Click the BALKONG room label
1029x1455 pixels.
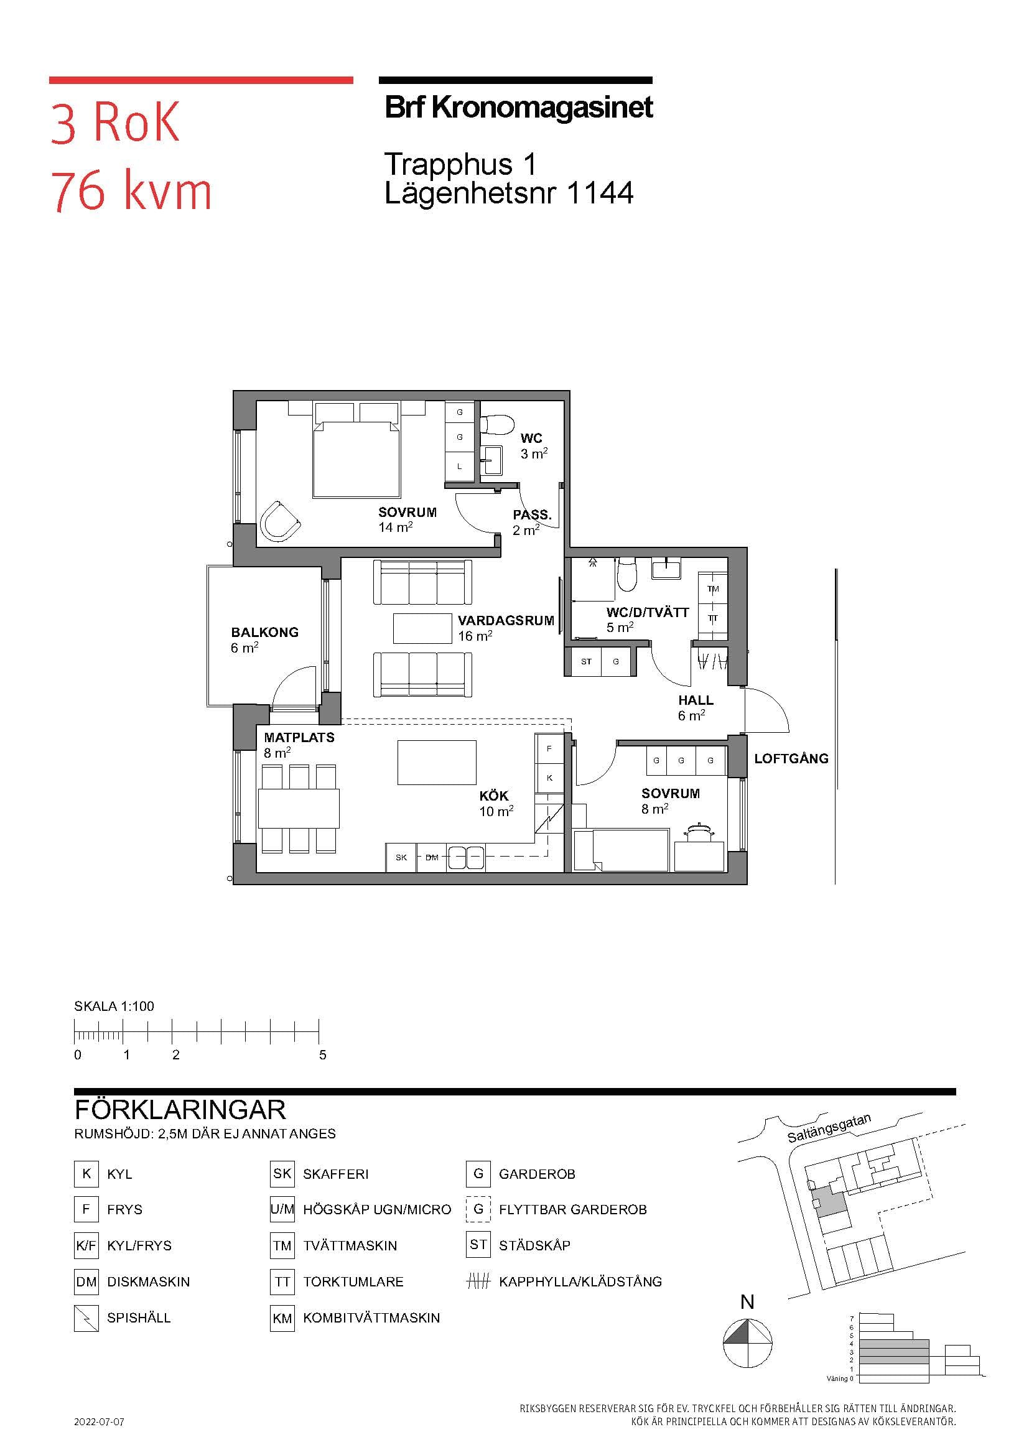click(x=264, y=633)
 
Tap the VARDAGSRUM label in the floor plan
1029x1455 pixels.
click(x=506, y=621)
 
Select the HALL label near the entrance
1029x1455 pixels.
click(x=696, y=700)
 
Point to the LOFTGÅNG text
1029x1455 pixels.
click(x=791, y=758)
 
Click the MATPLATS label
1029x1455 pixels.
click(x=299, y=738)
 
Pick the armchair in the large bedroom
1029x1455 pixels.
click(x=279, y=521)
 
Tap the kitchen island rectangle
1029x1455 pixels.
click(x=437, y=763)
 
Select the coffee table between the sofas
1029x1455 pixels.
click(x=423, y=629)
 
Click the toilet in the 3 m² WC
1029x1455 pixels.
click(x=496, y=424)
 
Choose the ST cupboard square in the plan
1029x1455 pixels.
click(x=586, y=662)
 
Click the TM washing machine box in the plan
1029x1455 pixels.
click(x=713, y=588)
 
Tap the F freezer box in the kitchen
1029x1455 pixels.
click(x=549, y=748)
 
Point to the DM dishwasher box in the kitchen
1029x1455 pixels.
click(x=432, y=857)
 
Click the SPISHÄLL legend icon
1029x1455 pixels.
click(x=86, y=1318)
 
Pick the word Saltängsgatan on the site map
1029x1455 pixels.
click(x=829, y=1128)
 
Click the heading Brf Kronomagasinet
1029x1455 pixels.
click(x=519, y=108)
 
